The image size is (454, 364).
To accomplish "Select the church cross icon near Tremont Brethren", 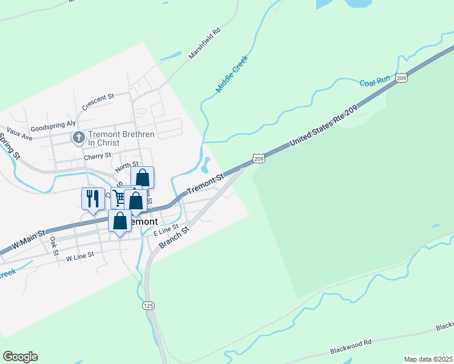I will tap(78, 138).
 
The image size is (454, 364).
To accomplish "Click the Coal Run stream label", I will tap(374, 82).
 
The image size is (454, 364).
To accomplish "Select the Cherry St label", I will tap(98, 156).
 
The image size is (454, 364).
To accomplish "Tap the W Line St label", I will tap(80, 257).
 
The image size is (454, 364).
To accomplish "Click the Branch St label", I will tap(175, 237).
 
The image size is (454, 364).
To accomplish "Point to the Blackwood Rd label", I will tap(351, 348).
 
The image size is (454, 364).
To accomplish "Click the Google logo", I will tap(20, 357).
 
